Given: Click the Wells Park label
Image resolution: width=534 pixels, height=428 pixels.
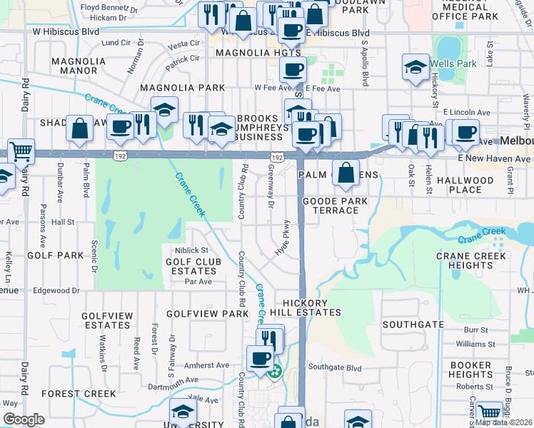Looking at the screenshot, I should (x=454, y=63).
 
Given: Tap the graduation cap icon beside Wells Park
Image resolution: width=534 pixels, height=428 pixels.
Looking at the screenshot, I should (x=415, y=68).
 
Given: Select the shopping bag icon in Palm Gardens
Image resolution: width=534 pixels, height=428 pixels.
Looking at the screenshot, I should (x=346, y=173).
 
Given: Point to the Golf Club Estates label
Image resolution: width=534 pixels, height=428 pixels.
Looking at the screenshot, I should (x=193, y=266).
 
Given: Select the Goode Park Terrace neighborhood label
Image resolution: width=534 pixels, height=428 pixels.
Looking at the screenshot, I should (x=336, y=206).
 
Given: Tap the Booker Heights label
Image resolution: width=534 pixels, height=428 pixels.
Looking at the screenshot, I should (x=470, y=370).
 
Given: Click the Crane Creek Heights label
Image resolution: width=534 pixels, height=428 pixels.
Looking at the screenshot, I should (x=470, y=260).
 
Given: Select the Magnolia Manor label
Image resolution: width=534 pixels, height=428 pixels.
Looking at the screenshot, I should (x=69, y=66).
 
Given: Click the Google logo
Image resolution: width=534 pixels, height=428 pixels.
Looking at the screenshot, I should (x=24, y=419).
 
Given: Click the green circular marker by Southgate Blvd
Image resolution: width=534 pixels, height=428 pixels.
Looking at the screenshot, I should (x=274, y=370).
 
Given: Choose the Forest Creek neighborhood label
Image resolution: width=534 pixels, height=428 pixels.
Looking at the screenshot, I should (x=79, y=394).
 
